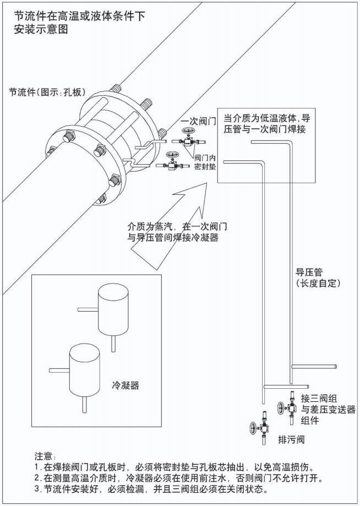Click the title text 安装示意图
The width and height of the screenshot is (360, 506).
click(x=41, y=30)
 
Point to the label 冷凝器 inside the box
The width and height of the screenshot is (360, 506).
click(x=126, y=385)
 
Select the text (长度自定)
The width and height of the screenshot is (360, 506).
click(x=318, y=284)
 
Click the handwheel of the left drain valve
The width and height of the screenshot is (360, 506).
click(x=253, y=428)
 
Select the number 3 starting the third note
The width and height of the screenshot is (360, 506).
click(x=36, y=488)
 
